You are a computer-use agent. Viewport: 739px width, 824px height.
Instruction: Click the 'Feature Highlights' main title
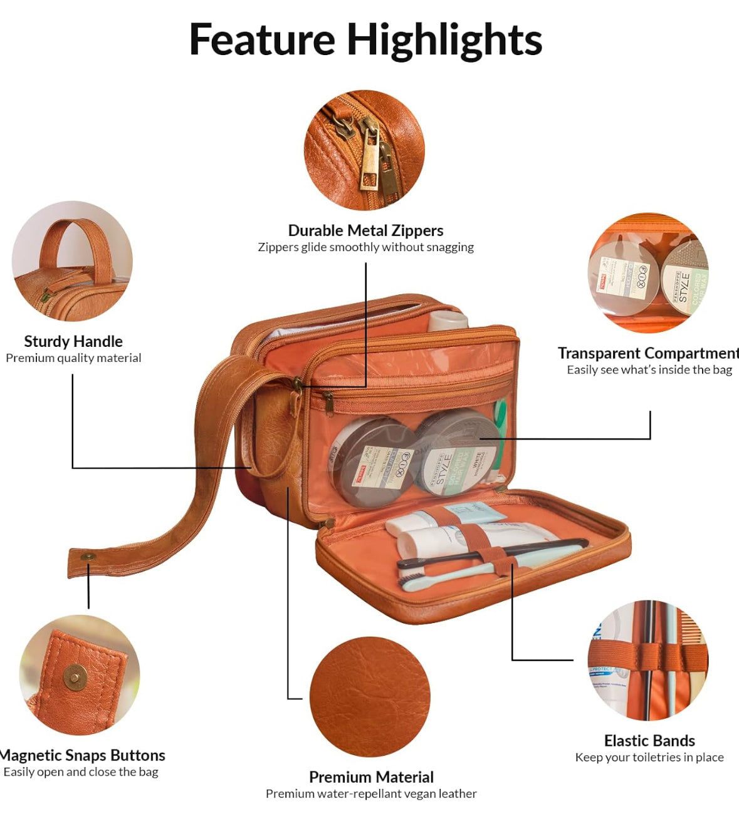(365, 40)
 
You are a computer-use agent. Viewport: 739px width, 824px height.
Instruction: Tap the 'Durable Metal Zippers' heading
(365, 230)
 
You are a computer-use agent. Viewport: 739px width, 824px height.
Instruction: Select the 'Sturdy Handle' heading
(73, 341)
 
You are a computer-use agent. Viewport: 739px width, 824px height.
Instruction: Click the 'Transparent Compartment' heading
(648, 353)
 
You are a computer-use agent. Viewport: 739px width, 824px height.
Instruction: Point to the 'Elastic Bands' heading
(649, 741)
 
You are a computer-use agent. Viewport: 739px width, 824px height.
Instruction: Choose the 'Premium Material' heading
(371, 777)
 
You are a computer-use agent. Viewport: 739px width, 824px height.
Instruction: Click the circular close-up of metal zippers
(364, 150)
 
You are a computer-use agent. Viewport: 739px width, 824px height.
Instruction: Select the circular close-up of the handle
(72, 261)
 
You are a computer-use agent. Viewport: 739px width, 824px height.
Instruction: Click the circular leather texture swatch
(370, 697)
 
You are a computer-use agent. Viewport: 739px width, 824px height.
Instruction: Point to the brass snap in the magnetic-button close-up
(76, 677)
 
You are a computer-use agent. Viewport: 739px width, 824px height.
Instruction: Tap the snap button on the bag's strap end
(88, 557)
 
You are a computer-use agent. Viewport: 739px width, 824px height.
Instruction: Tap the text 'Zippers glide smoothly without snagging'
(365, 247)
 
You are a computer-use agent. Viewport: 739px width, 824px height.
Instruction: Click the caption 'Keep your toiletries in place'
(649, 758)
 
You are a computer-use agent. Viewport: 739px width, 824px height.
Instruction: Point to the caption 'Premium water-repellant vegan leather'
(371, 794)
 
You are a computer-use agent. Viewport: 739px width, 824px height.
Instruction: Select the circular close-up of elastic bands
(648, 661)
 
